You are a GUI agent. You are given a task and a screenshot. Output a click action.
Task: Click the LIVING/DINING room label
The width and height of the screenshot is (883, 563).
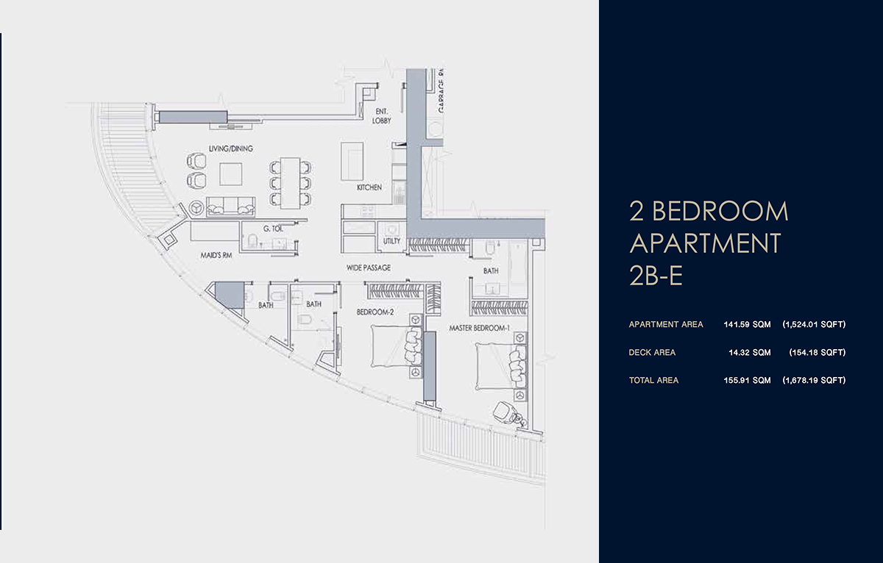pos(230,148)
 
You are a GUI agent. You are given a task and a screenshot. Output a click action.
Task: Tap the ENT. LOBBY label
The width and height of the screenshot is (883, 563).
pos(381,116)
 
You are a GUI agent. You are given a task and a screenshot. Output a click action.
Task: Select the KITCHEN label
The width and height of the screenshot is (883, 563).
pos(369,188)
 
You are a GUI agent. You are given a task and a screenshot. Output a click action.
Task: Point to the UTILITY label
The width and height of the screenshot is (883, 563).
pos(391,241)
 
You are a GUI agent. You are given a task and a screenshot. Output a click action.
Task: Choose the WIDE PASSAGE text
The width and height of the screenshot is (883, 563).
pos(368,268)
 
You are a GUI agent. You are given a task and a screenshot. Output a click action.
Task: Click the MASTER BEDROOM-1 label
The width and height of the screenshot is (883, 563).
pos(479,328)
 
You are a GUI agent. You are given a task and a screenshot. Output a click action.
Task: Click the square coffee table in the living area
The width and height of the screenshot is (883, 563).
pos(231,174)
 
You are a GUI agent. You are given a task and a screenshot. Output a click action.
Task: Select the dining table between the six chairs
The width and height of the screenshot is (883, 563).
pos(290,182)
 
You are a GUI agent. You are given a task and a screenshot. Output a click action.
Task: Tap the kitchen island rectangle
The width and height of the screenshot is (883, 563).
pos(351,161)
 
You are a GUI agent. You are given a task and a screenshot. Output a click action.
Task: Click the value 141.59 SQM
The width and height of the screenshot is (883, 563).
pos(748,324)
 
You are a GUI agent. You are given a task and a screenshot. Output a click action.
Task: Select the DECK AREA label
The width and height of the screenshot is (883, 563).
pos(652,353)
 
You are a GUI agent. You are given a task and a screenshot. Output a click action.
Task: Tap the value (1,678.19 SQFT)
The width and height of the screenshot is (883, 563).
pos(814,381)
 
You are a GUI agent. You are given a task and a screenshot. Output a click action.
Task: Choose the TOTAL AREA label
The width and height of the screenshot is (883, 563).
pos(653,381)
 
